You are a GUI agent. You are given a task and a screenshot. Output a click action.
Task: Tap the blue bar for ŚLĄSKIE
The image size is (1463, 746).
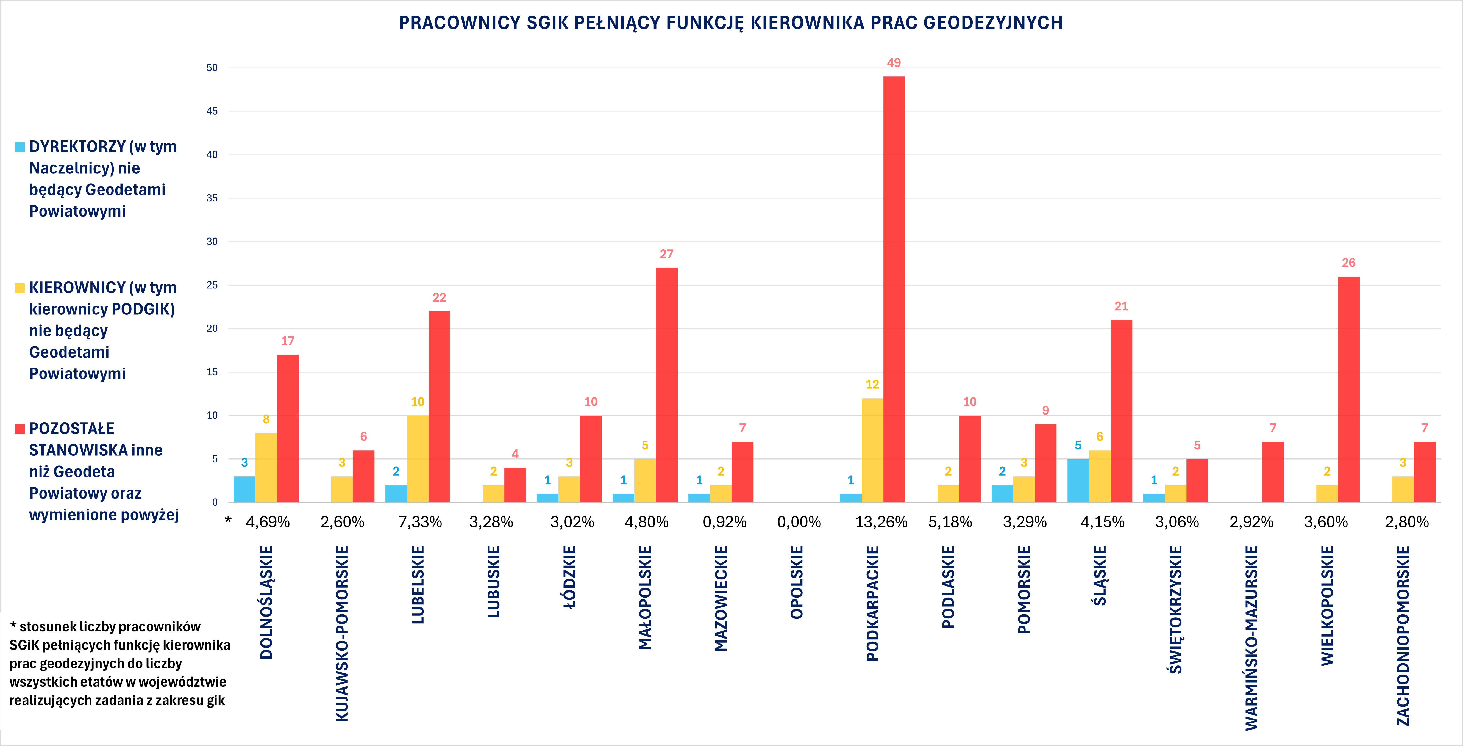(x=1078, y=480)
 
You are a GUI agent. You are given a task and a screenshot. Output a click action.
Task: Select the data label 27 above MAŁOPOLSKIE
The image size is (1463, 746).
(x=666, y=254)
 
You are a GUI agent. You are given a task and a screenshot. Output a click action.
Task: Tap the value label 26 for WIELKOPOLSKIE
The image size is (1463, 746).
(x=1348, y=263)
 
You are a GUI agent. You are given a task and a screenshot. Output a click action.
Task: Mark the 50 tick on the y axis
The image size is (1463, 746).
(x=212, y=68)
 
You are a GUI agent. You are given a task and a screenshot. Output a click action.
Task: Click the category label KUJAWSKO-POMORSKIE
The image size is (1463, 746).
(x=342, y=634)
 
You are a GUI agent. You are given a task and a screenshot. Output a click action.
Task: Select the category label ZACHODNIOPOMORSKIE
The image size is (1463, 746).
(x=1403, y=635)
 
